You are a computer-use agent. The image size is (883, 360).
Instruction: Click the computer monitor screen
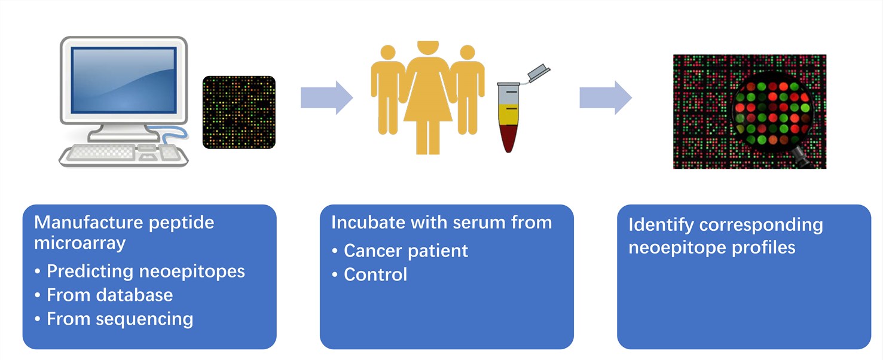pyautogui.click(x=123, y=80)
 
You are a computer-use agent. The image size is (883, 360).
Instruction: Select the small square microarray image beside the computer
pyautogui.click(x=239, y=112)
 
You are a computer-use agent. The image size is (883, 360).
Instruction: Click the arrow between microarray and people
pyautogui.click(x=326, y=97)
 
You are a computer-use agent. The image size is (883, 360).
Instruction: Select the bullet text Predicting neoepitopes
pyautogui.click(x=146, y=271)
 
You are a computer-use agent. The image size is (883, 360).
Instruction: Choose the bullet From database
pyautogui.click(x=109, y=295)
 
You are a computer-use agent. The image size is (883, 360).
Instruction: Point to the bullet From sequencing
pyautogui.click(x=120, y=319)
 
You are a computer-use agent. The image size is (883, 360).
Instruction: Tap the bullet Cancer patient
pyautogui.click(x=406, y=251)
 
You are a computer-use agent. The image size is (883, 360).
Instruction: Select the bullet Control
pyautogui.click(x=375, y=274)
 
